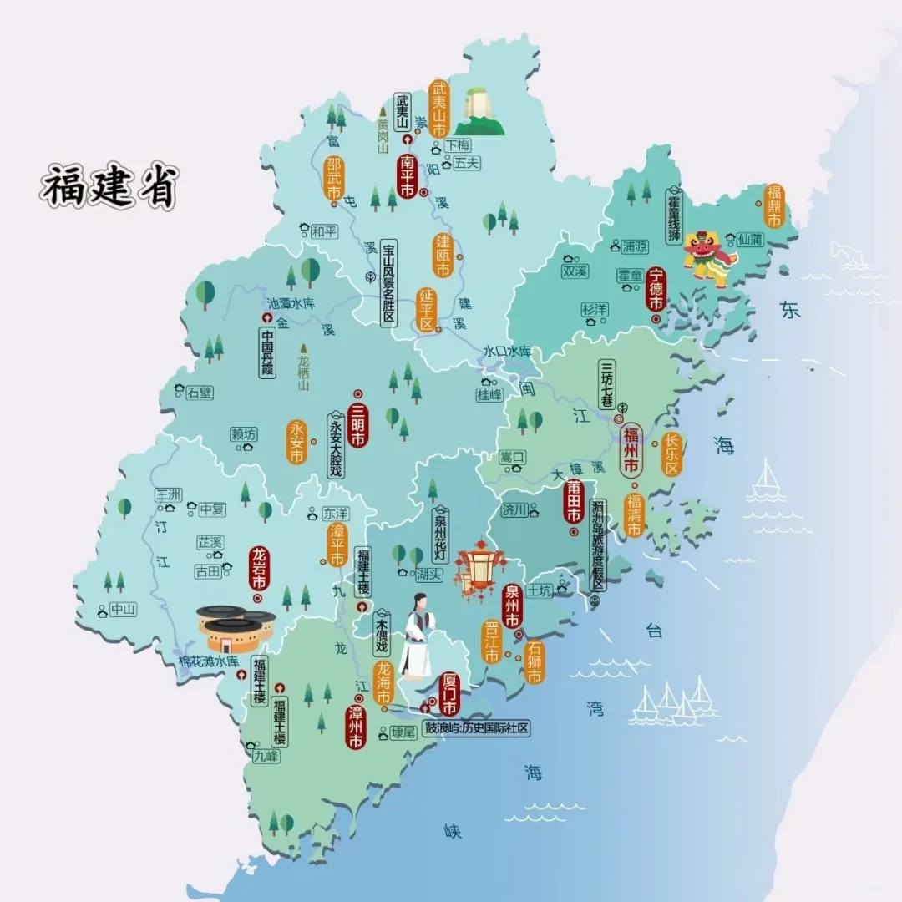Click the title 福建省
pyautogui.click(x=109, y=185)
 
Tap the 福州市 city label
pyautogui.click(x=632, y=448)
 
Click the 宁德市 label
pyautogui.click(x=656, y=289)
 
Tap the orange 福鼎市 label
pyautogui.click(x=774, y=205)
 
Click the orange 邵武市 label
pyautogui.click(x=333, y=178)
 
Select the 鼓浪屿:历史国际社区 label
pyautogui.click(x=477, y=727)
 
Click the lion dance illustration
pyautogui.click(x=708, y=256)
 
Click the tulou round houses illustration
pyautogui.click(x=235, y=628)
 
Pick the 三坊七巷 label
pyautogui.click(x=608, y=385)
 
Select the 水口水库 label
pyautogui.click(x=506, y=352)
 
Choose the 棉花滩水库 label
pyautogui.click(x=209, y=661)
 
